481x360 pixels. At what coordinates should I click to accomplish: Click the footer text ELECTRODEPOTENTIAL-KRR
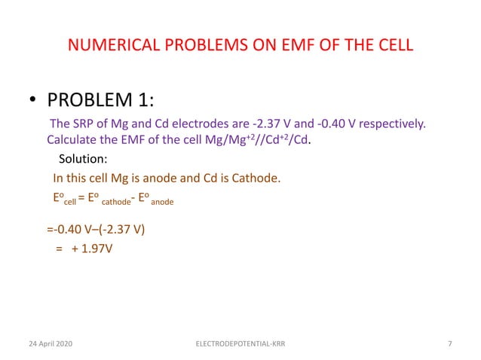[240, 344]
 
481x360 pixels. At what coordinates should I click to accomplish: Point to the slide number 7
[449, 344]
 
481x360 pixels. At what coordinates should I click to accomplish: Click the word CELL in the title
[391, 45]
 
